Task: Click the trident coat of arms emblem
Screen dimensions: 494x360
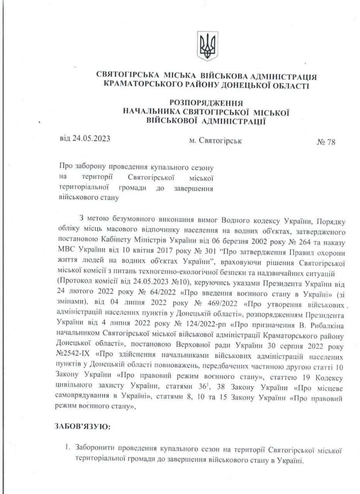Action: (207, 46)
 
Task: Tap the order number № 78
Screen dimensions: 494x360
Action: (326, 142)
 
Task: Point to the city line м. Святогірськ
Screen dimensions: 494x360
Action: (216, 141)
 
